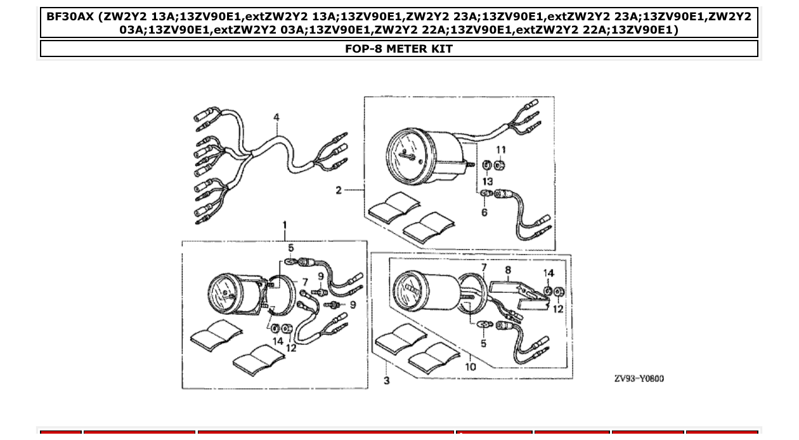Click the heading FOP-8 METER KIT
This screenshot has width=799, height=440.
click(x=399, y=49)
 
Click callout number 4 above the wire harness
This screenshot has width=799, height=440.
click(x=276, y=117)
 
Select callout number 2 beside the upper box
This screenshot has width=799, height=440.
click(x=339, y=190)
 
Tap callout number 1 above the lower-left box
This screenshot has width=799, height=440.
click(x=285, y=225)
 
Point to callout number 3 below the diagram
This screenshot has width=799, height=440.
click(x=387, y=380)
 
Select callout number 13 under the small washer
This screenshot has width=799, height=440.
click(x=488, y=181)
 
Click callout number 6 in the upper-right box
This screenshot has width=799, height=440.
click(x=484, y=212)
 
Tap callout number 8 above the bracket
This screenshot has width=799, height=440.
click(x=508, y=269)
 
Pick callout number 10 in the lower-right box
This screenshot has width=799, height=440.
click(x=471, y=366)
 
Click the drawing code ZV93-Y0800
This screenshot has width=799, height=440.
click(x=639, y=379)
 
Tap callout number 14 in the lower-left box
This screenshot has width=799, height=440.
click(x=278, y=341)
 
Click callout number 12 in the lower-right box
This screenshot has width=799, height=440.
click(x=558, y=309)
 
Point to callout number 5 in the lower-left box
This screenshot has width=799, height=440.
click(x=291, y=247)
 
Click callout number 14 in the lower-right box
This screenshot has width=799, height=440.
click(x=549, y=273)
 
